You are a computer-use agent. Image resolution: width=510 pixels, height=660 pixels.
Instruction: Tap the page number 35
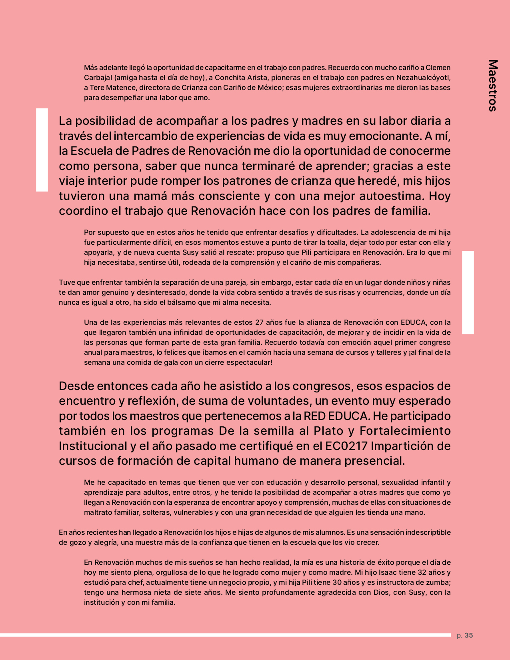(469, 635)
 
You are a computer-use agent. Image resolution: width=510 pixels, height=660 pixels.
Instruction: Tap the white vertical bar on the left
(42, 150)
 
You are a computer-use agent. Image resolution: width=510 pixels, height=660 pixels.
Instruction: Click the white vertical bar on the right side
(468, 292)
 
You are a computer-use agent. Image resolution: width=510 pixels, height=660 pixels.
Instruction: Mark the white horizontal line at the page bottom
(224, 635)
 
